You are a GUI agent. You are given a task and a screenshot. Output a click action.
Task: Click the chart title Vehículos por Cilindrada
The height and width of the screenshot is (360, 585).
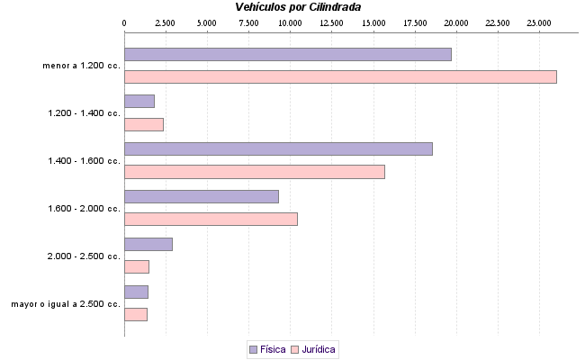coord(299,7)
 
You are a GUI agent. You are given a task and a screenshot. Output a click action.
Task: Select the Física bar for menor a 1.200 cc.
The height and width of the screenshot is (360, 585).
coord(287,54)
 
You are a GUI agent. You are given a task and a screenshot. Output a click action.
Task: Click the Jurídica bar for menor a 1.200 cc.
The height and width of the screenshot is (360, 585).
coord(340,76)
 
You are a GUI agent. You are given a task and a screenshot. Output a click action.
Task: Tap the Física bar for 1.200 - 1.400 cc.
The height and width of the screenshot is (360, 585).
coord(139,102)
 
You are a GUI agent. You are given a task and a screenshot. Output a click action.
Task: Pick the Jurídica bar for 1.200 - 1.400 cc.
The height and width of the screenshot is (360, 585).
coord(144,124)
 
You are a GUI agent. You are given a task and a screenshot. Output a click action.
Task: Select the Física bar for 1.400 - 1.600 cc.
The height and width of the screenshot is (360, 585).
coord(278,148)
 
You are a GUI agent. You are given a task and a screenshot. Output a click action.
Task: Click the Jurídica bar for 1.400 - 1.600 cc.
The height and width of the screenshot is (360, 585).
coord(254,172)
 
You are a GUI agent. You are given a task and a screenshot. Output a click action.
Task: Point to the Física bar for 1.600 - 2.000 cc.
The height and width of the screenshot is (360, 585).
coord(202,196)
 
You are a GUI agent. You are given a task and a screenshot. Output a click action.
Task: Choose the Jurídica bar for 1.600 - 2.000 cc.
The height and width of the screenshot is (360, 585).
coord(211,219)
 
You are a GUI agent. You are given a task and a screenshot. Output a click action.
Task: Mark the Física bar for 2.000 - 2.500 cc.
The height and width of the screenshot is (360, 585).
coord(148,244)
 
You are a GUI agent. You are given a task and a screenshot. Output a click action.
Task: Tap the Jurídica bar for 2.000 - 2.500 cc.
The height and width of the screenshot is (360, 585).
coord(137,266)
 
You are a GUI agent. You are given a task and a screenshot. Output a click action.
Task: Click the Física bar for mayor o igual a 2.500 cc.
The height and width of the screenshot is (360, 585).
coord(136,292)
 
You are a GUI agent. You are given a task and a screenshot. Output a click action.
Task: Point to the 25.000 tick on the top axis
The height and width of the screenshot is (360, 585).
coord(539,22)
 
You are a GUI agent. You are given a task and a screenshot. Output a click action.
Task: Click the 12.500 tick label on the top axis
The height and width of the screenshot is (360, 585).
coord(332,22)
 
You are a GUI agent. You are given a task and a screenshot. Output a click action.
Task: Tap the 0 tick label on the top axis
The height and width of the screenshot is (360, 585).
coord(124,22)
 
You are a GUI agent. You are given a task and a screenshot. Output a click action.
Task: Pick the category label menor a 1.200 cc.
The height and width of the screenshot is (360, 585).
coord(81,66)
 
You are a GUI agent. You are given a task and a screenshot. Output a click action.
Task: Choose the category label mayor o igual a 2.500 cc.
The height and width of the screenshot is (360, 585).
coord(66,304)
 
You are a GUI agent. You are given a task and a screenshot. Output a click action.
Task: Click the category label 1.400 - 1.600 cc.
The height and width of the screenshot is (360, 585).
coord(84,161)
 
